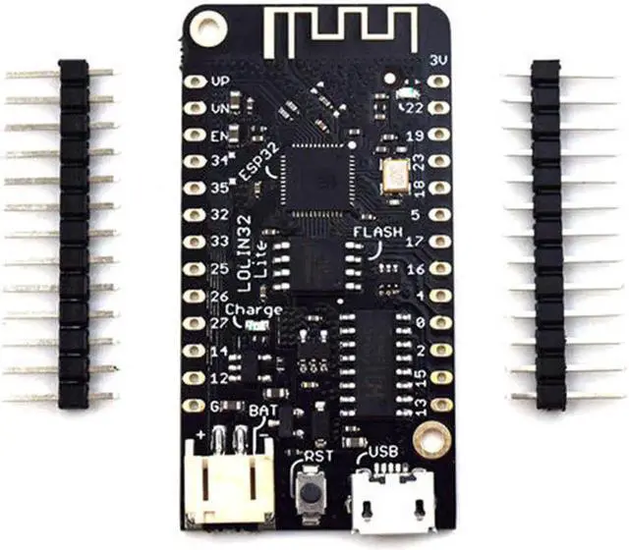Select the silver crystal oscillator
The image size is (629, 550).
[x=395, y=176]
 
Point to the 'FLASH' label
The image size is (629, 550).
[x=377, y=233]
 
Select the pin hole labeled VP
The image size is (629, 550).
[x=197, y=82]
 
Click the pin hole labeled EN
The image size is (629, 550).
[x=197, y=135]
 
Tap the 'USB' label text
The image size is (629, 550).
[x=383, y=453]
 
